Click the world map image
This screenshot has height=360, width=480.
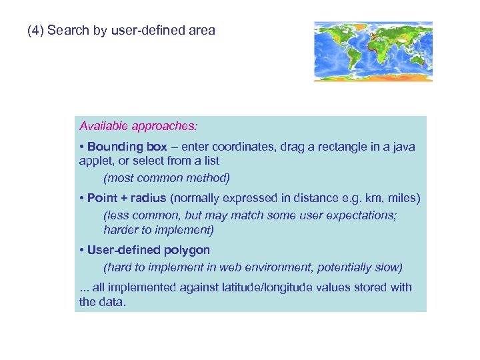point(373,51)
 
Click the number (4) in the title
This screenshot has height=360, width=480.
point(36,31)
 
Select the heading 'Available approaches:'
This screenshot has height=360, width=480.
point(138,126)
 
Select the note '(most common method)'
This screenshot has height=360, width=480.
point(167,178)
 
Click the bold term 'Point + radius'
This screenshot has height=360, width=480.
point(127,199)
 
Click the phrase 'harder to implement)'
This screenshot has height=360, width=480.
point(159,230)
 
